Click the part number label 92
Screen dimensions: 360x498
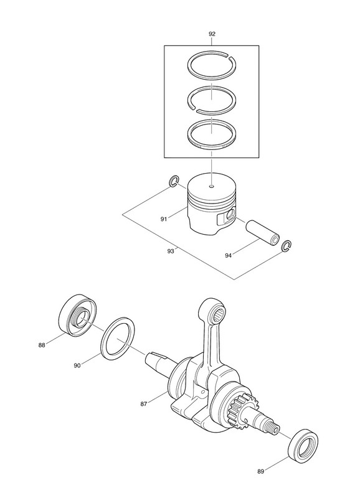point(212,34)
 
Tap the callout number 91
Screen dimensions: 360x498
point(164,219)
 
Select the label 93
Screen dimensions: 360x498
point(171,251)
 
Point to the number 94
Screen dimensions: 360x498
point(228,255)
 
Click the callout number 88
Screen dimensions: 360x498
point(42,345)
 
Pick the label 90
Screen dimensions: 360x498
point(77,365)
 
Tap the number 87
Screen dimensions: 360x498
point(144,404)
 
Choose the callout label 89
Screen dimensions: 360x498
point(260,472)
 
